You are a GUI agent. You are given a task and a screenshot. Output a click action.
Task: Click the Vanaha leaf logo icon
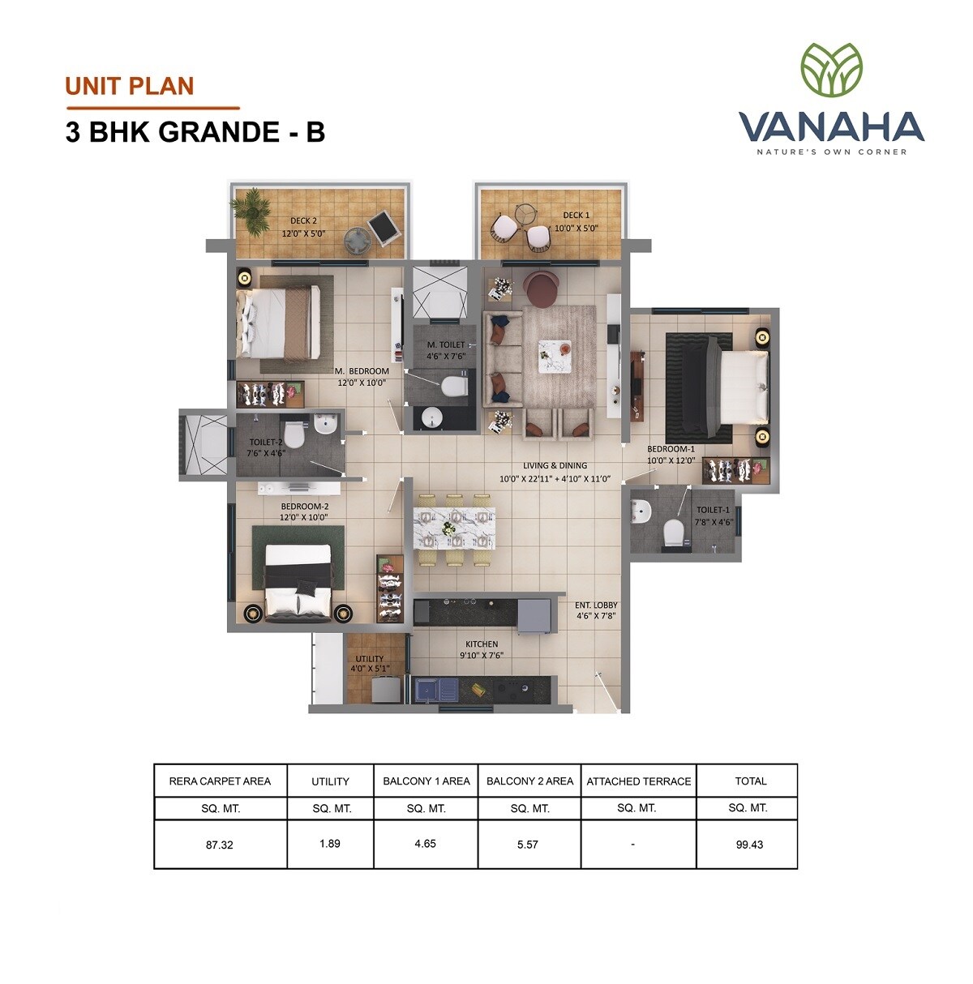click(x=831, y=70)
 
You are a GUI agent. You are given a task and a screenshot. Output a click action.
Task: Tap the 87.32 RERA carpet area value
click(x=220, y=844)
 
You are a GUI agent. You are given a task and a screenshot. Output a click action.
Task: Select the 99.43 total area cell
click(x=750, y=844)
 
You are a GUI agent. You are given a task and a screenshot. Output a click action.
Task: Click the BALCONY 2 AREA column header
click(x=529, y=781)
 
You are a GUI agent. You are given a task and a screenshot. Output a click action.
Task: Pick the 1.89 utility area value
click(x=330, y=843)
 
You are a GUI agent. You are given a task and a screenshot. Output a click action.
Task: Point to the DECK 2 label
click(x=303, y=220)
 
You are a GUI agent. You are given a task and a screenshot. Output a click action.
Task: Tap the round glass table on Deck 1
click(x=525, y=213)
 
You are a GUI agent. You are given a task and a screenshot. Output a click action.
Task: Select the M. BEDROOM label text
click(x=362, y=371)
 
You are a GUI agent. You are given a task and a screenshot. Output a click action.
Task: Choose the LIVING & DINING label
click(x=555, y=465)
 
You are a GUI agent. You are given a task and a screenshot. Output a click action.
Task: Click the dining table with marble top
click(x=454, y=528)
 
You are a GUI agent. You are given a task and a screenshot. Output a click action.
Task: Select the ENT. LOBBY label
click(x=596, y=605)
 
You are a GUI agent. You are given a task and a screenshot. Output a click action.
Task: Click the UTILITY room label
click(x=370, y=659)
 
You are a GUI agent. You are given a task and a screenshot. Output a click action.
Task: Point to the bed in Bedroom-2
click(x=298, y=580)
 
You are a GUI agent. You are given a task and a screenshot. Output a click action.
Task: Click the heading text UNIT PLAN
click(x=130, y=86)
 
